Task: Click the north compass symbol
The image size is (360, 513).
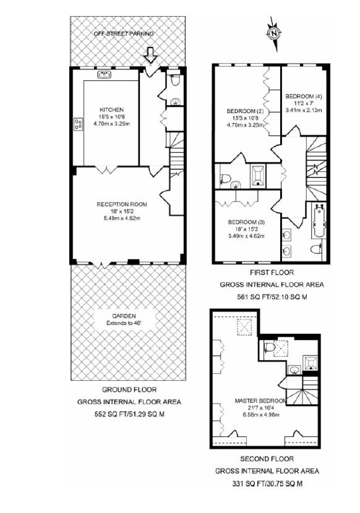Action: point(274,33)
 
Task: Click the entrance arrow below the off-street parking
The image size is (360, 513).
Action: point(150,55)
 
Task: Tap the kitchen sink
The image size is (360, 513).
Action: point(105,75)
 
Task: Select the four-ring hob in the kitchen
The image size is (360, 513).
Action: point(79,124)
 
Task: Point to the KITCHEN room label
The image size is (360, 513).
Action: point(112,109)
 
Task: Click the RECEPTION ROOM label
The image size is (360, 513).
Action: point(122,204)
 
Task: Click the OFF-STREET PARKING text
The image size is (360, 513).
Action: point(124,34)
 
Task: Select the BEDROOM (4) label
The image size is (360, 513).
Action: point(304,96)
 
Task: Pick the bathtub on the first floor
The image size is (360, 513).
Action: point(318,221)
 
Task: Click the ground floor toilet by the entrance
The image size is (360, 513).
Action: point(175,80)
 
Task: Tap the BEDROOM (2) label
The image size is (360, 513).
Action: point(246,111)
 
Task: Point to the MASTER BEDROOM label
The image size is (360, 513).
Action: point(260,401)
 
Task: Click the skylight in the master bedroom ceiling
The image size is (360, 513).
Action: point(244,327)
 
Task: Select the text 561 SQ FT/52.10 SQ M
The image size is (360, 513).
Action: point(272,297)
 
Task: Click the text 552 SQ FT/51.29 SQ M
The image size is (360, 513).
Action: point(129,414)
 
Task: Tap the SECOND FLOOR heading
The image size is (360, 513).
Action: point(267,459)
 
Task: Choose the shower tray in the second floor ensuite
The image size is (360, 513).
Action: point(310,363)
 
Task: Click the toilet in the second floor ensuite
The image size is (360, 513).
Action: point(269,347)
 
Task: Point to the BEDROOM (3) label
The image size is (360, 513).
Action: point(246,222)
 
